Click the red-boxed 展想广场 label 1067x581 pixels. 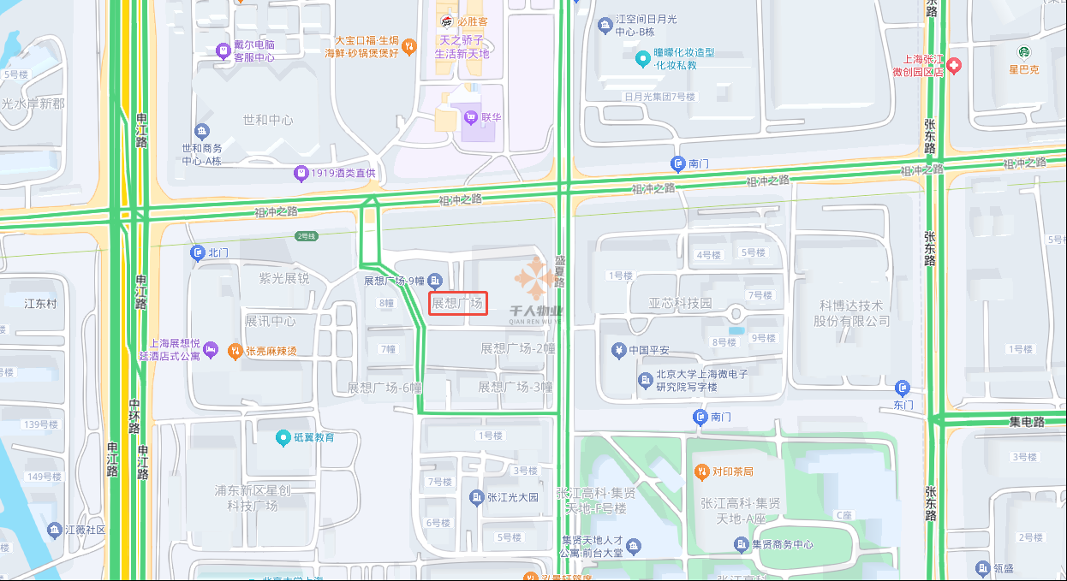click(x=458, y=304)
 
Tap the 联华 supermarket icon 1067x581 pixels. click(x=469, y=117)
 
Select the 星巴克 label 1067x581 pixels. click(x=1022, y=69)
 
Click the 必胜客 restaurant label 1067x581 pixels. click(x=472, y=21)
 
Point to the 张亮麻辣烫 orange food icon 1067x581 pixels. click(x=235, y=350)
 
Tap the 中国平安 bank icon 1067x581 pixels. click(x=618, y=350)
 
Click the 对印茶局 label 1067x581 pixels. click(x=731, y=471)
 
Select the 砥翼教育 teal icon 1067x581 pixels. click(x=283, y=438)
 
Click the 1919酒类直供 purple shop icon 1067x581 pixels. click(x=301, y=174)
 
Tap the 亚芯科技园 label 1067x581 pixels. click(x=680, y=304)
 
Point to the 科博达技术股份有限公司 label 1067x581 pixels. click(x=851, y=313)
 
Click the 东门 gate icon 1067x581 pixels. click(x=902, y=388)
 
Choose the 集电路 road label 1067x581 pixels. click(x=1026, y=422)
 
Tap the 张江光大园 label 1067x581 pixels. click(x=512, y=497)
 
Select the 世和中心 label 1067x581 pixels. click(x=267, y=121)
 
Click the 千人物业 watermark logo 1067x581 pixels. click(x=535, y=291)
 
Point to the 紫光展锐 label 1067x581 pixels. click(x=283, y=278)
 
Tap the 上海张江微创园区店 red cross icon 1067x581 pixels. click(x=953, y=66)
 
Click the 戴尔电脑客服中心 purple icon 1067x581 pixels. click(x=223, y=50)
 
